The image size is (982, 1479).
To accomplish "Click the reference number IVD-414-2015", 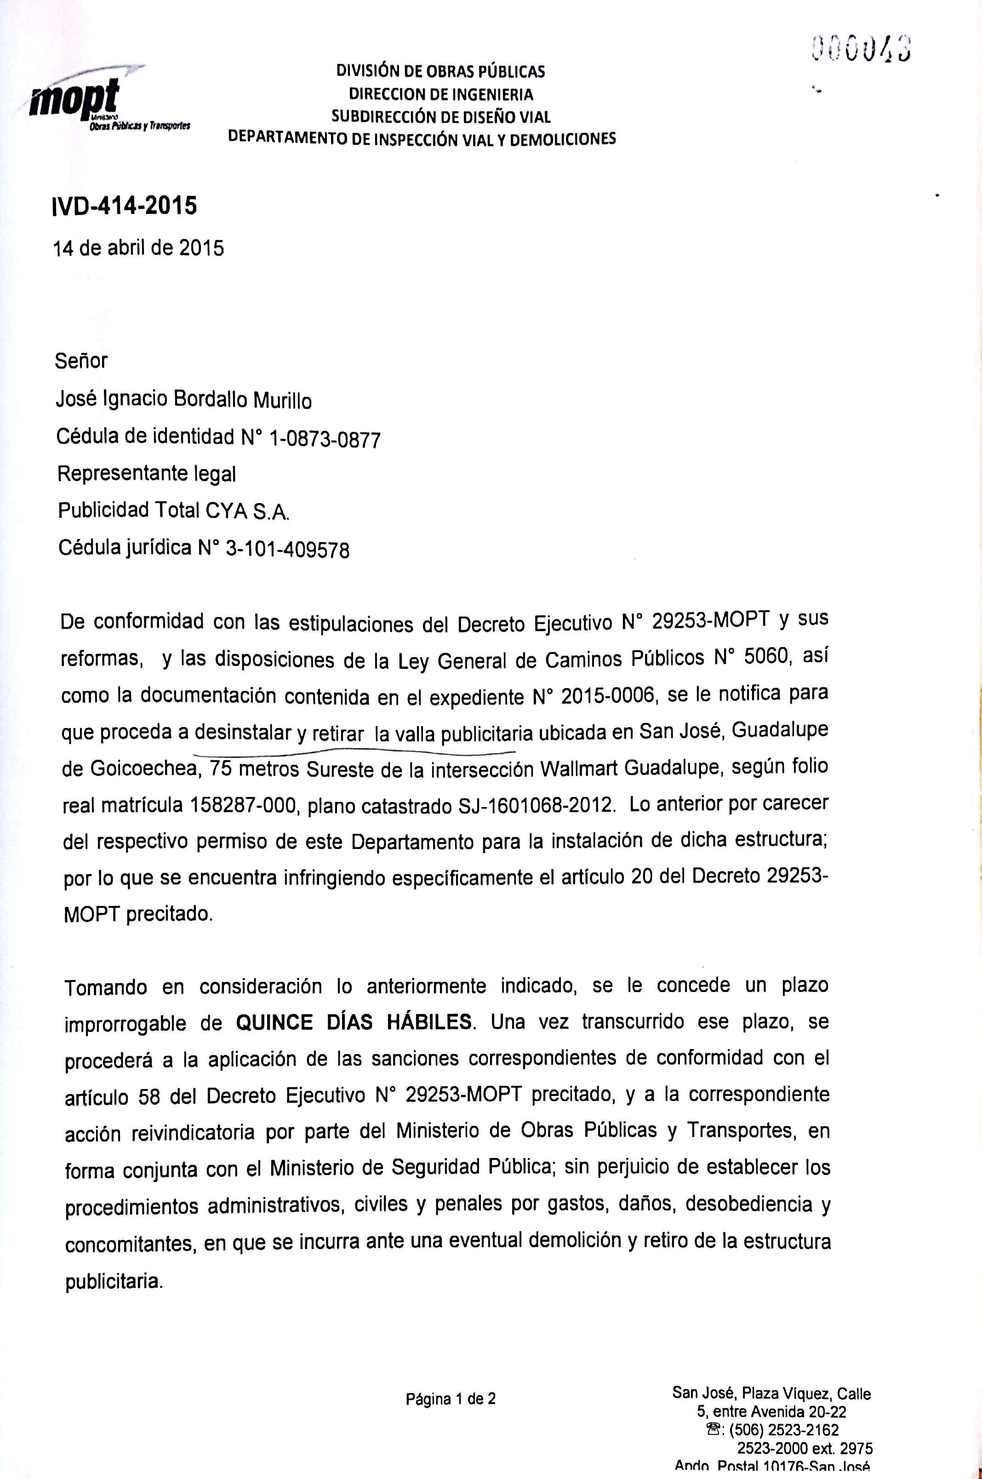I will click(x=125, y=206).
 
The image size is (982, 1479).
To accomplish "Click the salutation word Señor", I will click(x=81, y=361).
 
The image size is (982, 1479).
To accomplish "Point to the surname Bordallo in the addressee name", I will click(x=210, y=400).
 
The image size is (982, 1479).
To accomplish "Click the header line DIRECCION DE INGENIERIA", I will click(x=441, y=95).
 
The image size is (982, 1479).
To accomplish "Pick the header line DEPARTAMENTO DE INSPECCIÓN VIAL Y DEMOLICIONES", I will click(x=422, y=138).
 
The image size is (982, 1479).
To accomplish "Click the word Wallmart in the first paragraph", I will click(x=581, y=768).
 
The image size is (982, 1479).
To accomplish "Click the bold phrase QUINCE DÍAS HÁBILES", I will click(x=354, y=1023).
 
